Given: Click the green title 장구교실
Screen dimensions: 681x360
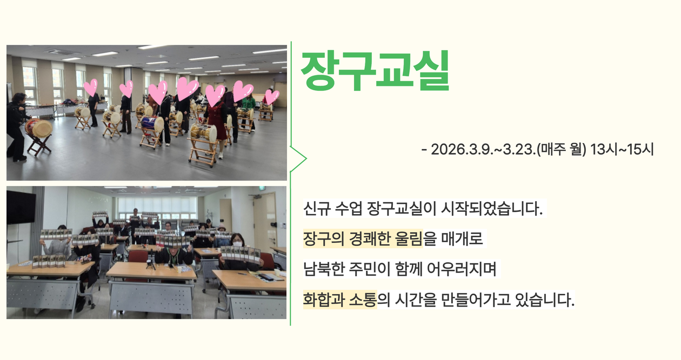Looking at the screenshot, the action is pos(375,71).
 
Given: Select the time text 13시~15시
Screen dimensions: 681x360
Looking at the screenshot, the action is pos(622,150).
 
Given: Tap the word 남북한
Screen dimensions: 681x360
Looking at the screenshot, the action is pos(323,269).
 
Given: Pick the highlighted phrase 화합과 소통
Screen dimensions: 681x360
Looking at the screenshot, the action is pos(340,299).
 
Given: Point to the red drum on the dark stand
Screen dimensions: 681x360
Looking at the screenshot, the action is pos(38,128).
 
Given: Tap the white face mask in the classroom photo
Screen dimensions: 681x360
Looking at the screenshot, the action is pos(237,244).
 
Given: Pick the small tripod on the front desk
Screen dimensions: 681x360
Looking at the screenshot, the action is pos(151,264).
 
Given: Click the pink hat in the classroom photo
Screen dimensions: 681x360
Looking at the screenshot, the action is pos(222,227).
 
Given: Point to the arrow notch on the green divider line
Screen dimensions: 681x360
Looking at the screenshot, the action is pos(305,158).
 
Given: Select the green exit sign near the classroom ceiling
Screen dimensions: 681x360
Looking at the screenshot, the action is pos(262,189).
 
